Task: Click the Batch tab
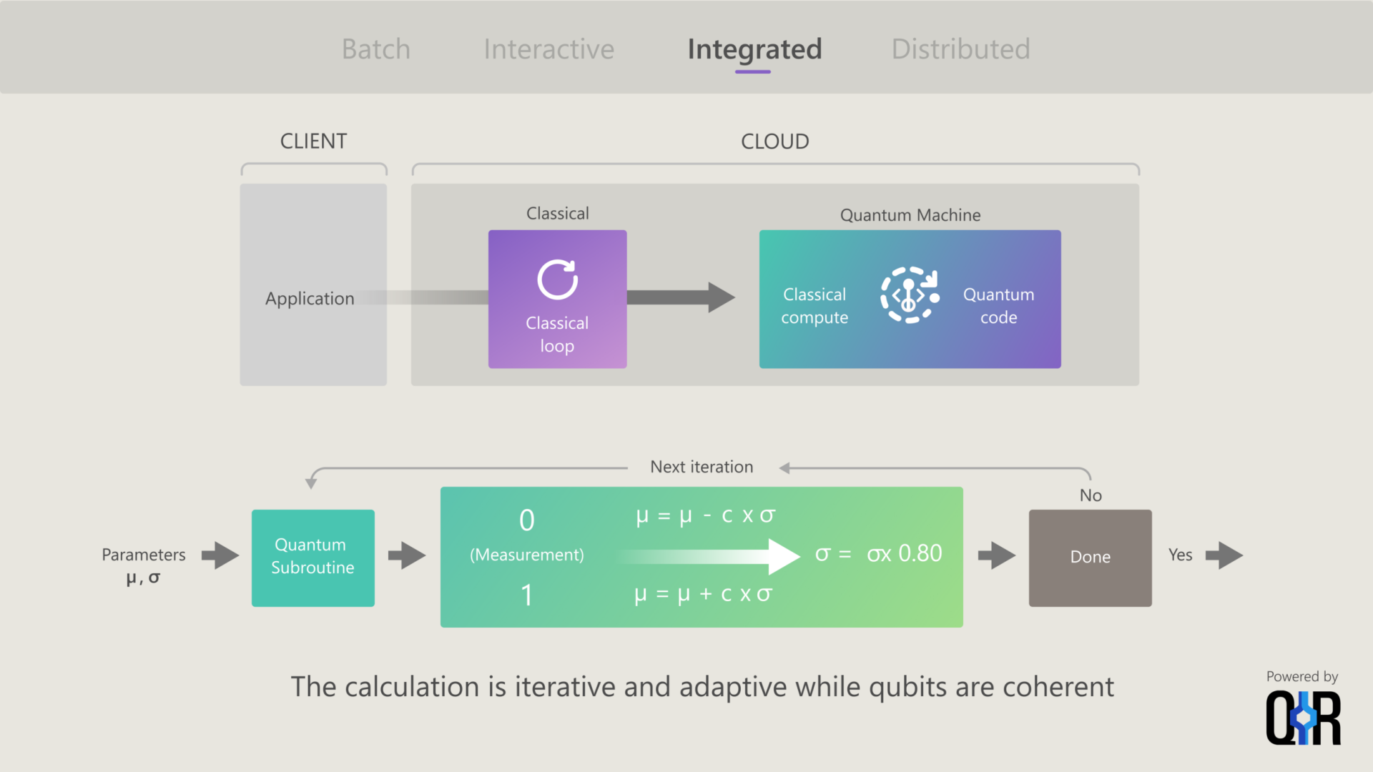tap(375, 49)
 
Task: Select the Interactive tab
tap(548, 49)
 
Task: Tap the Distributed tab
tap(960, 49)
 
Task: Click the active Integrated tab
tap(754, 49)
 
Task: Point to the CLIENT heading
tap(313, 141)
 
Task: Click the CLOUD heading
tap(774, 141)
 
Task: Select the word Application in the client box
tap(310, 298)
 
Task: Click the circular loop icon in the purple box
tap(557, 279)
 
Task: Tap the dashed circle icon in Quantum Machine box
tap(908, 295)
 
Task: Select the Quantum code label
tap(998, 306)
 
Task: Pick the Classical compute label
tap(815, 306)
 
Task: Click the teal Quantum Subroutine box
tap(313, 558)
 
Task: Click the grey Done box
tap(1090, 558)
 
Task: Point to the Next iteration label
tap(701, 467)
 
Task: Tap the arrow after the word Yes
tap(1224, 555)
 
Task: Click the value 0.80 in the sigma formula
tap(920, 553)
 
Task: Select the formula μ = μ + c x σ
tap(703, 594)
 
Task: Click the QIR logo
tap(1302, 718)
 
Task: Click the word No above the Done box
tap(1090, 495)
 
